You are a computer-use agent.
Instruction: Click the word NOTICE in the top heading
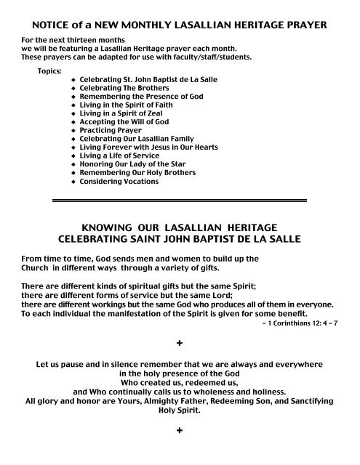pyautogui.click(x=52, y=25)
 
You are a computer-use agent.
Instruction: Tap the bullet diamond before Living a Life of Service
pyautogui.click(x=73, y=155)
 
